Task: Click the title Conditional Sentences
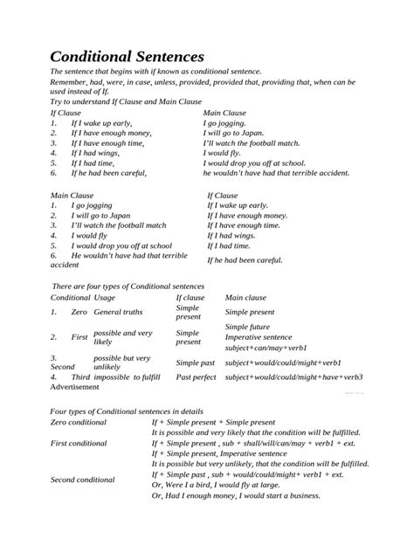point(127,59)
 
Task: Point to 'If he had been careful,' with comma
point(109,174)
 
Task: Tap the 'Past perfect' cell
point(197,376)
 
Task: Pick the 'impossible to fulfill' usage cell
point(128,376)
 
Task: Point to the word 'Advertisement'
point(76,387)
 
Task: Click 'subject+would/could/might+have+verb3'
point(293,376)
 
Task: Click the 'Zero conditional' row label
point(79,423)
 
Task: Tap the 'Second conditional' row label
point(83,479)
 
